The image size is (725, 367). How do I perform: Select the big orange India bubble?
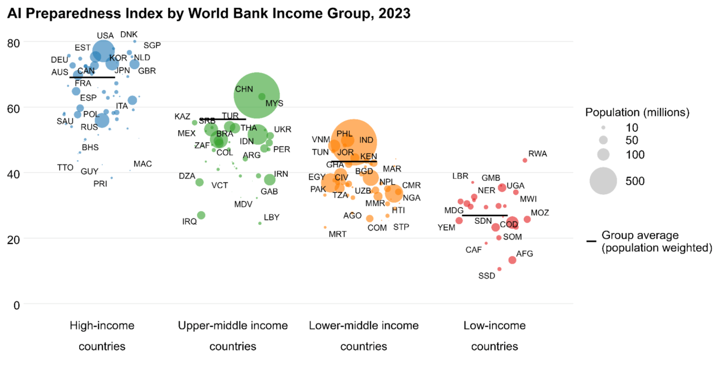click(x=353, y=142)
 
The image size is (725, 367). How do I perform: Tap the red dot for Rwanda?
click(x=525, y=160)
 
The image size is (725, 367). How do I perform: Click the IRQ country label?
click(x=190, y=221)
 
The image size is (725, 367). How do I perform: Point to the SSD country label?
click(x=487, y=276)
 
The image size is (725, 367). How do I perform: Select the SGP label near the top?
click(x=152, y=45)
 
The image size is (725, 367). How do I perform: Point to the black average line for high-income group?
click(x=92, y=77)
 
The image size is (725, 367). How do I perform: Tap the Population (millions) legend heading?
click(x=637, y=112)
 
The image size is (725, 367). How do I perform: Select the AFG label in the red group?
click(x=524, y=254)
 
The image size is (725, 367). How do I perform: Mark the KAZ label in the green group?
click(x=182, y=117)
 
